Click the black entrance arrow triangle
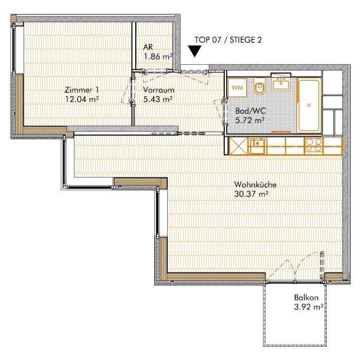click(x=195, y=51)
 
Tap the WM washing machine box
click(x=238, y=87)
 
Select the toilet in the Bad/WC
click(x=260, y=86)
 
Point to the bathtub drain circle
click(x=309, y=105)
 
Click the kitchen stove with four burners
click(x=314, y=146)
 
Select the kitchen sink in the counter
click(x=258, y=146)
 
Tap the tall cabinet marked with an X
click(x=239, y=146)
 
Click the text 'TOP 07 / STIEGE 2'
click(x=228, y=40)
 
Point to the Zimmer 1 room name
click(x=82, y=89)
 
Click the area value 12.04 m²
click(x=82, y=99)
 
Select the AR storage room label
click(x=148, y=47)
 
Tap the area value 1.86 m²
click(x=158, y=57)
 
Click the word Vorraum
click(x=158, y=90)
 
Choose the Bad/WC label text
click(x=251, y=111)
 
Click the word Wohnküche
click(x=255, y=185)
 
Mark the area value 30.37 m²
click(x=251, y=194)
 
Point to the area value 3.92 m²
click(x=309, y=307)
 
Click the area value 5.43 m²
click(x=158, y=99)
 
